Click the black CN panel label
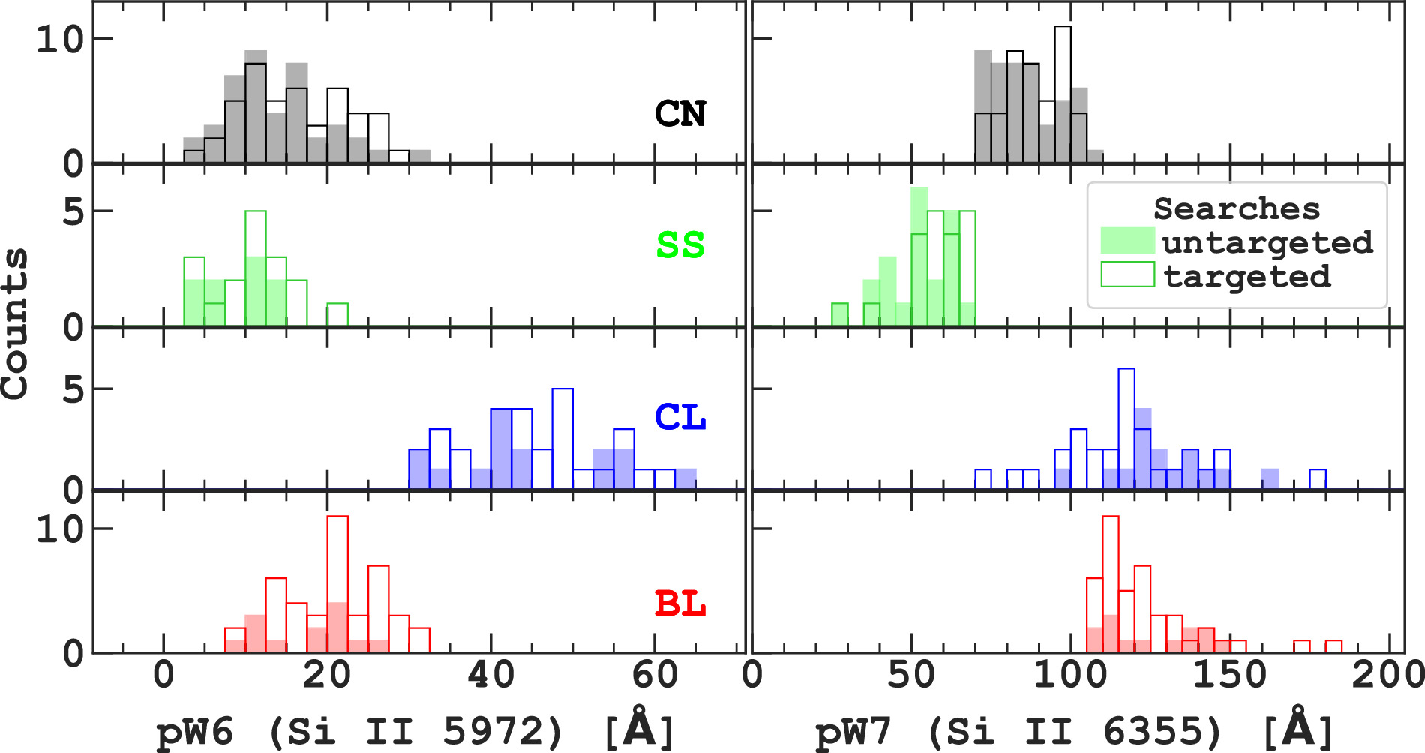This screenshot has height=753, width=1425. pyautogui.click(x=680, y=114)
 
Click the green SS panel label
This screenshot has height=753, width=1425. pyautogui.click(x=680, y=245)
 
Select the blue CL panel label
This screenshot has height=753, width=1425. pyautogui.click(x=680, y=417)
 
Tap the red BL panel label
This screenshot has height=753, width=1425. pyautogui.click(x=680, y=604)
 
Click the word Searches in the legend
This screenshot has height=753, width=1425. pyautogui.click(x=1236, y=208)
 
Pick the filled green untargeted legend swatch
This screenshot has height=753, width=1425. pyautogui.click(x=1127, y=241)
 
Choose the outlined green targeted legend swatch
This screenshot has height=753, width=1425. pyautogui.click(x=1127, y=274)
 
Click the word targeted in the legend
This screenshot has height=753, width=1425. pyautogui.click(x=1247, y=277)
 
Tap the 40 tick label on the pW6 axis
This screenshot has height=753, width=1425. pyautogui.click(x=490, y=675)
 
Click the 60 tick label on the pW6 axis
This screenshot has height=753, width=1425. pyautogui.click(x=654, y=675)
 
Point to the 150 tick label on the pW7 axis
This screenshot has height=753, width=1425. pyautogui.click(x=1229, y=675)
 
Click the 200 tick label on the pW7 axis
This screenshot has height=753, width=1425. pyautogui.click(x=1387, y=675)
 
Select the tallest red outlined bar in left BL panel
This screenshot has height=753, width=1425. pyautogui.click(x=337, y=585)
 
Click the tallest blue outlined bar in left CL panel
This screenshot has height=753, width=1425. pyautogui.click(x=562, y=439)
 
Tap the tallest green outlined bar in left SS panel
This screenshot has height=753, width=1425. pyautogui.click(x=256, y=268)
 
